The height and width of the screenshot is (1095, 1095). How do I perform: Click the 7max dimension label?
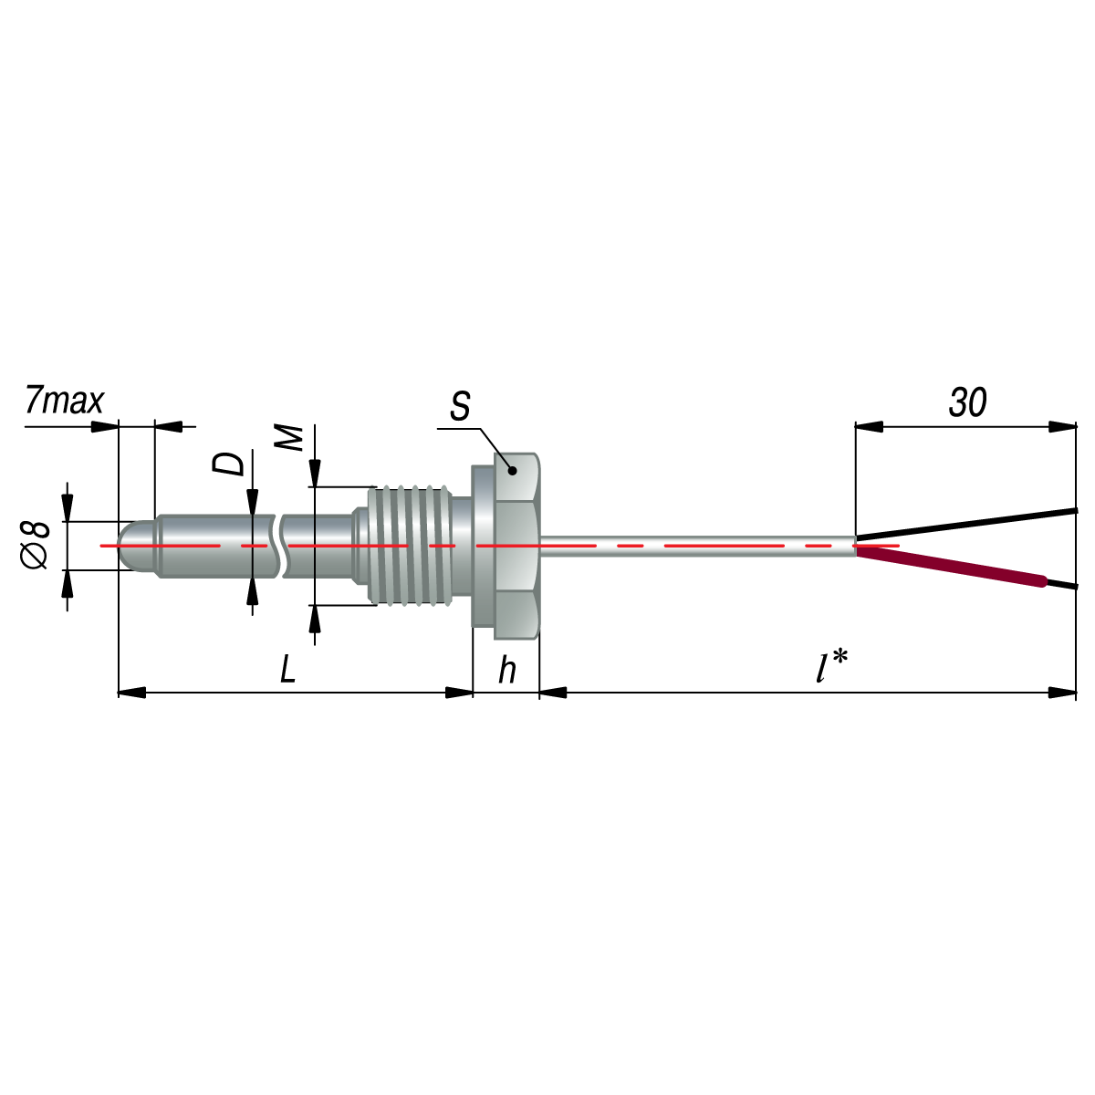pos(64,401)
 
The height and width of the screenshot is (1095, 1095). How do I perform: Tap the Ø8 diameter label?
pos(35,546)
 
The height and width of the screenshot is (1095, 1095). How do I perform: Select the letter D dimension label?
pos(228,464)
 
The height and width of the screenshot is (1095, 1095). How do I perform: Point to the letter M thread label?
pos(288,438)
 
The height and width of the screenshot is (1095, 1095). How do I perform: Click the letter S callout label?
pos(460,406)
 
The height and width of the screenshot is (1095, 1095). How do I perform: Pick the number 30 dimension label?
pos(968,402)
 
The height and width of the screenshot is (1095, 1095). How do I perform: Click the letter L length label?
pos(288,668)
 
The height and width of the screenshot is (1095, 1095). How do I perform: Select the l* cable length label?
pos(831,666)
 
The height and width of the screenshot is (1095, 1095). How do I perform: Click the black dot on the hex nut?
pos(512,471)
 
